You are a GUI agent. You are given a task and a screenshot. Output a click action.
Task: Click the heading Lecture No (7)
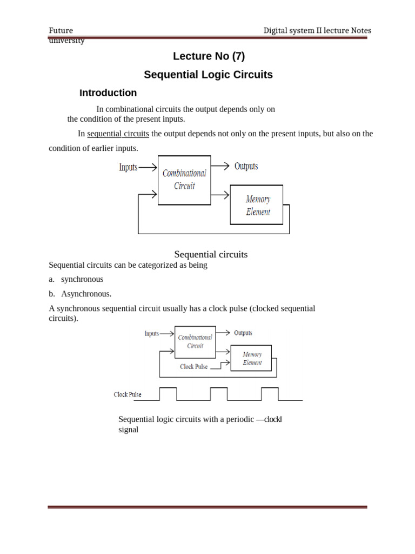[209, 56]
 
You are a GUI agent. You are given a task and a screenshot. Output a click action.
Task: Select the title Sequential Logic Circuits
[208, 75]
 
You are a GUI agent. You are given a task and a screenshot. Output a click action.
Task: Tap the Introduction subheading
[108, 93]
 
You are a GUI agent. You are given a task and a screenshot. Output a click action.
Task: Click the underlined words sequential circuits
[118, 134]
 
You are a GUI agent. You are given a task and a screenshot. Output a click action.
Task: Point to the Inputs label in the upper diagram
[128, 167]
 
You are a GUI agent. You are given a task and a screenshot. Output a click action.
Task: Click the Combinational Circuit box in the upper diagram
[184, 180]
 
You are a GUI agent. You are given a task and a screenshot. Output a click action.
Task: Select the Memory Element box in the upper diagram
[257, 205]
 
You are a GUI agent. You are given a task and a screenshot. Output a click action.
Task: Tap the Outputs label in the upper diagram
[246, 166]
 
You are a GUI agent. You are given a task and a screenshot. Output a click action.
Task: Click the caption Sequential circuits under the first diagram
[211, 254]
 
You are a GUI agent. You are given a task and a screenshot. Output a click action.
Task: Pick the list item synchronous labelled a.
[82, 279]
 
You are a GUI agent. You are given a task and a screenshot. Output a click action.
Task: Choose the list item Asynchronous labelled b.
[86, 294]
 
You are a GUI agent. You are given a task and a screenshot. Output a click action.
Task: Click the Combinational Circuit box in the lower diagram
[195, 342]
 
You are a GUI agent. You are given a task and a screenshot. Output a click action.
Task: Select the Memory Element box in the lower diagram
[251, 358]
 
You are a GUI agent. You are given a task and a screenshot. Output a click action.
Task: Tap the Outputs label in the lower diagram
[243, 333]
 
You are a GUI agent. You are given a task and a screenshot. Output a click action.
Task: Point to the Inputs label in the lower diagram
[152, 333]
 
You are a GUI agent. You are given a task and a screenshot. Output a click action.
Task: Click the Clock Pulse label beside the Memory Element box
[193, 366]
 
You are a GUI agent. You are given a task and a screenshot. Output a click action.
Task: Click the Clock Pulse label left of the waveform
[128, 394]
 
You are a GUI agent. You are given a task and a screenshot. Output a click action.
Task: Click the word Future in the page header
[61, 30]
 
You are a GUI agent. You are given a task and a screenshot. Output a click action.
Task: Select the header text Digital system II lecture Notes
[317, 30]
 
